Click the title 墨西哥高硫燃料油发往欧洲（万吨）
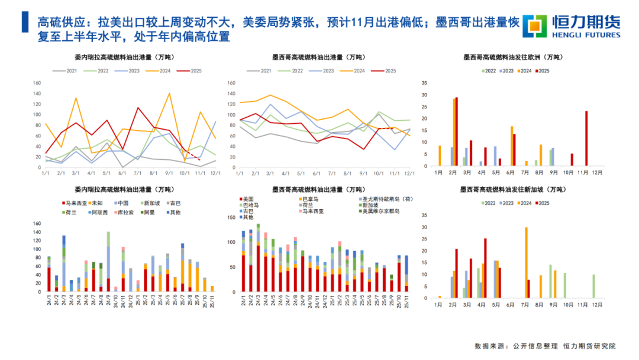point(512,57)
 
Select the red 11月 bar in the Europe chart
point(586,138)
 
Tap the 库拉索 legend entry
point(124,211)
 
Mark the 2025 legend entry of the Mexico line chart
point(387,70)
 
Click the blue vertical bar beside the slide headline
point(23,22)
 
